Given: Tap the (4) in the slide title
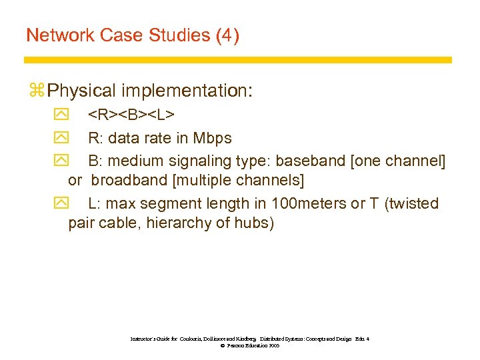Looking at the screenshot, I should tap(227, 35).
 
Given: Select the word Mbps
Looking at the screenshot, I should tap(212, 138).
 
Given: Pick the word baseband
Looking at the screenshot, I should tap(306, 160).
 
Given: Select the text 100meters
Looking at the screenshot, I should tap(313, 203).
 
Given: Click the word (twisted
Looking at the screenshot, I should tap(411, 203).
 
